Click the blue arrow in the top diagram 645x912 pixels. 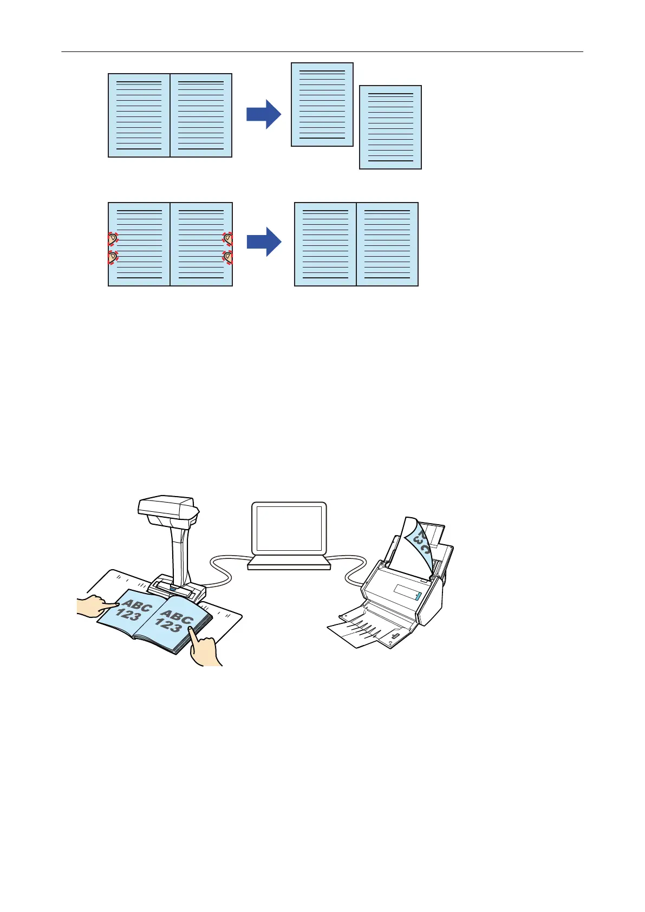(x=264, y=114)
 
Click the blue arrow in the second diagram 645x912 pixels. (x=264, y=242)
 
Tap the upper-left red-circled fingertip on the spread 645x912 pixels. (x=113, y=239)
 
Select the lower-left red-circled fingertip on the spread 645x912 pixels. (x=113, y=257)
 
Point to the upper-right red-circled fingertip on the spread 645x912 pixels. (x=228, y=238)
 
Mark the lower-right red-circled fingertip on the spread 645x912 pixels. (x=228, y=257)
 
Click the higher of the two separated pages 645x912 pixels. (x=322, y=105)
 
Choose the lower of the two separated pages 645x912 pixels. (x=390, y=127)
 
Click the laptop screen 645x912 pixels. (x=289, y=528)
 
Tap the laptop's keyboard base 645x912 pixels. (x=289, y=563)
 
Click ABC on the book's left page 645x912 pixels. (x=137, y=605)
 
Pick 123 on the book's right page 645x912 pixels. (x=169, y=626)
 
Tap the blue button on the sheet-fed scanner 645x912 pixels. (x=418, y=596)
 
